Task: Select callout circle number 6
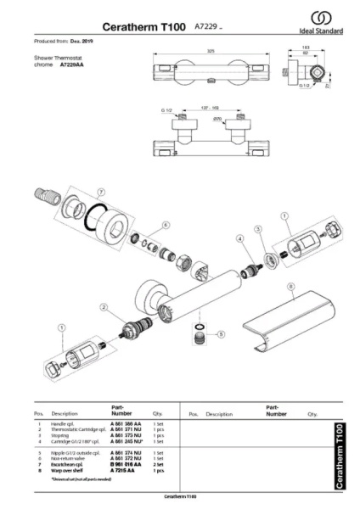point(166,225)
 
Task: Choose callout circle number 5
point(222,333)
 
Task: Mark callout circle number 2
point(103,307)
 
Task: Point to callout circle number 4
point(240,240)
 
